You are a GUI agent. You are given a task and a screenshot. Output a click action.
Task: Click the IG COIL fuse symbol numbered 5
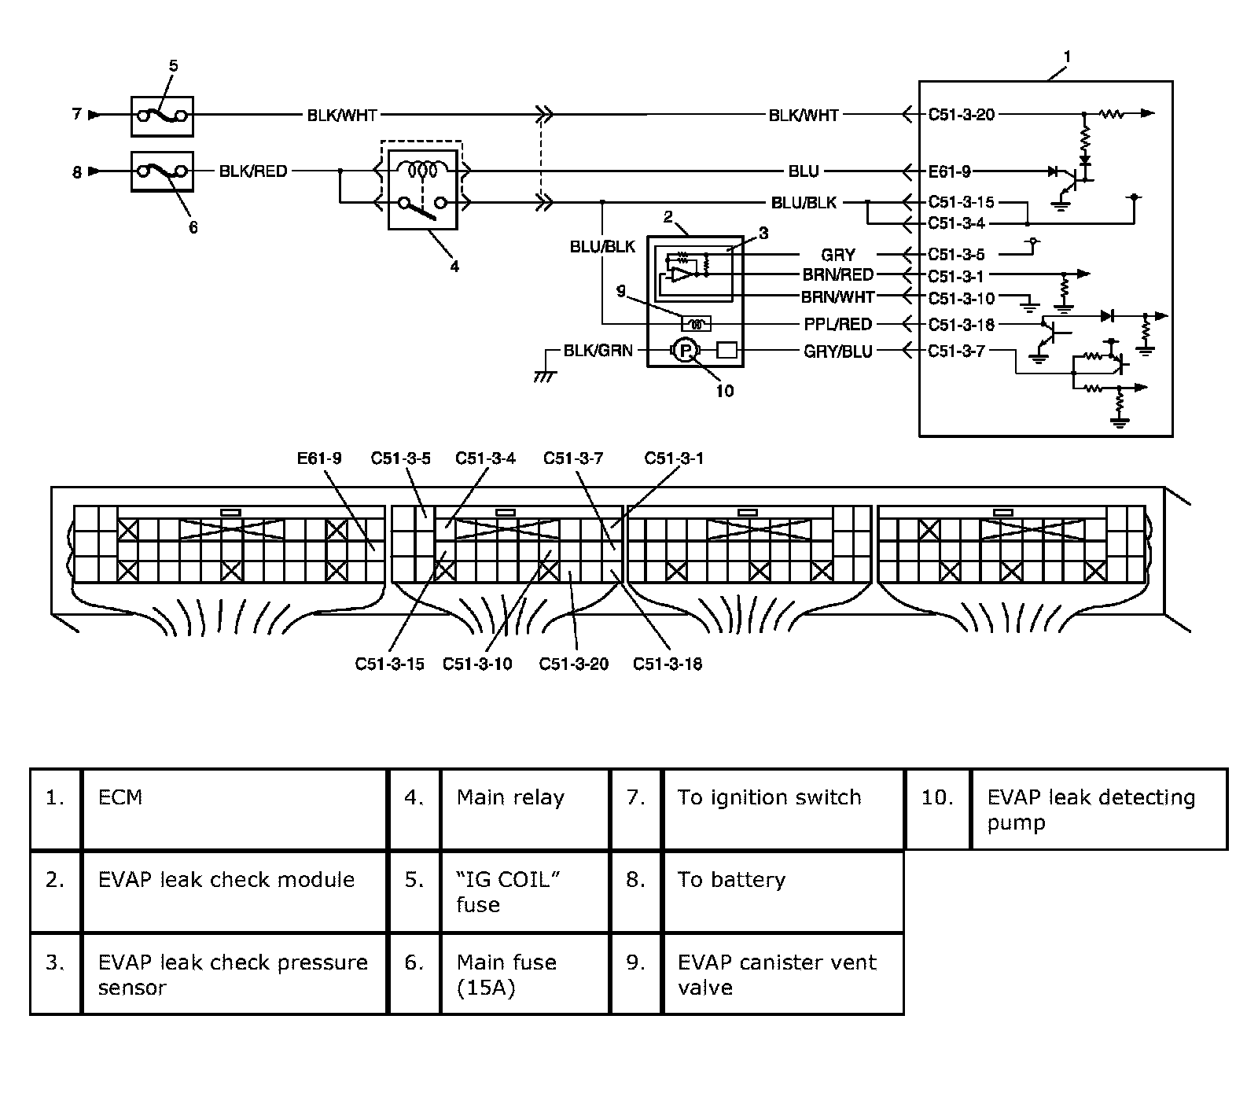click(x=161, y=116)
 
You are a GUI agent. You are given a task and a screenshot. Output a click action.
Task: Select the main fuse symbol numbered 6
click(x=161, y=171)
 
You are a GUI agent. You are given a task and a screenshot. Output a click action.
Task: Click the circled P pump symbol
click(x=684, y=351)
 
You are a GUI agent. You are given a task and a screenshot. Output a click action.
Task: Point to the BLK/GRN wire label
click(x=598, y=351)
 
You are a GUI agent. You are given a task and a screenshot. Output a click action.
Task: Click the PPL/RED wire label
click(x=837, y=324)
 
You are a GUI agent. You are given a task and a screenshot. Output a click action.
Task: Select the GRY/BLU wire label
click(x=837, y=351)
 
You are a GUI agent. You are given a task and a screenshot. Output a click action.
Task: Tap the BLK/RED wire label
click(x=253, y=171)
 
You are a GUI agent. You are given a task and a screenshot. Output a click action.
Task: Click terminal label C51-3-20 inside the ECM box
click(x=961, y=115)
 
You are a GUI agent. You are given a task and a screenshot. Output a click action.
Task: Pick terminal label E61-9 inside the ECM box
click(x=949, y=171)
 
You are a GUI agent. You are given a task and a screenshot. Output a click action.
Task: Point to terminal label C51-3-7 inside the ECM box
click(x=956, y=351)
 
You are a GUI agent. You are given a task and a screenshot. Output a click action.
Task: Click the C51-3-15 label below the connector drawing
click(x=389, y=664)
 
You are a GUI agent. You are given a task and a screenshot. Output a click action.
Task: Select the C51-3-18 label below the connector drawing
click(x=668, y=664)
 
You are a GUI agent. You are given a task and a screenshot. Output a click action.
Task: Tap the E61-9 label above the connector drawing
click(x=319, y=458)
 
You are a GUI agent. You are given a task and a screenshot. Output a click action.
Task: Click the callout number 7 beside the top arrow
click(x=76, y=115)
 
